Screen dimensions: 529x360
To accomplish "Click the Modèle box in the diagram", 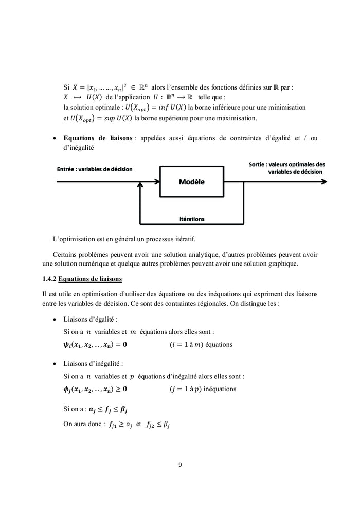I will [x=191, y=182].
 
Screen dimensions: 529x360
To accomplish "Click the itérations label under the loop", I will [x=191, y=219].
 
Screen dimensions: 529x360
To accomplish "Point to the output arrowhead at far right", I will [x=323, y=182].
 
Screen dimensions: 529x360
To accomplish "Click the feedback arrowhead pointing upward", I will [x=139, y=188].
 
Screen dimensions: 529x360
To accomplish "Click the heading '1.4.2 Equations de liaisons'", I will [x=82, y=279].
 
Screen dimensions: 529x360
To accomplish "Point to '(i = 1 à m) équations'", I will [x=201, y=344].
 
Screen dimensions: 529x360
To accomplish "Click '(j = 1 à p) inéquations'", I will [x=203, y=389].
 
